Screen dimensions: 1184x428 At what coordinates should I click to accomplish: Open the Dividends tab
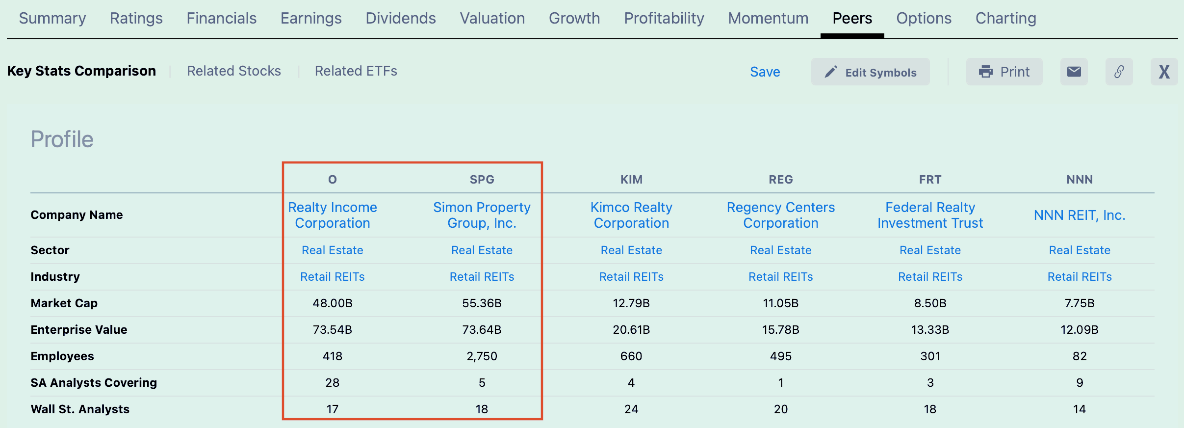tap(401, 18)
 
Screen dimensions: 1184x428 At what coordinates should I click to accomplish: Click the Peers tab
tap(852, 18)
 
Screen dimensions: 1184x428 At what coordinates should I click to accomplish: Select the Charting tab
tap(1006, 18)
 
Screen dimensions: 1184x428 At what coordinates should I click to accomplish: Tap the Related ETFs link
tap(356, 71)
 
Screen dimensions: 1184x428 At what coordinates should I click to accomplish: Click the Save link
tap(765, 72)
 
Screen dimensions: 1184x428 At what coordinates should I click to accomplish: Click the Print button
tap(1004, 72)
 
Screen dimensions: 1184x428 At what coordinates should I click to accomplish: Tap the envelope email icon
tap(1074, 72)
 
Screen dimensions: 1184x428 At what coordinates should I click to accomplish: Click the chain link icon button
tap(1119, 72)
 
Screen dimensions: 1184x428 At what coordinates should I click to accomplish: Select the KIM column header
tap(631, 180)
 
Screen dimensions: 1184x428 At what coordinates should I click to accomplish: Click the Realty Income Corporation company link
tap(333, 215)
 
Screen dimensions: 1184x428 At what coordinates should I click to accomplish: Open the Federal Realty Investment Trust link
tap(930, 215)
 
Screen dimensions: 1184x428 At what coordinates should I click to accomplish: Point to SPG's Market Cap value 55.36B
tap(482, 303)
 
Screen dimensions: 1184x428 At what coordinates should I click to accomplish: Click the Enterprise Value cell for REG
tap(781, 330)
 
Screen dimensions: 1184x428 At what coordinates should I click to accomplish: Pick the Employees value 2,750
tap(482, 356)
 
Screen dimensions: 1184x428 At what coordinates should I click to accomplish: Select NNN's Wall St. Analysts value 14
tap(1080, 409)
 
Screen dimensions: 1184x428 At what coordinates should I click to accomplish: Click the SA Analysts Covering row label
tap(94, 383)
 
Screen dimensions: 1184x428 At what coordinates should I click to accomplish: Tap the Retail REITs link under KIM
tap(631, 277)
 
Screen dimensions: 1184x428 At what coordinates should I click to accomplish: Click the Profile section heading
tap(62, 139)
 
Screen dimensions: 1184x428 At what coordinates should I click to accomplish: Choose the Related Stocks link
tap(234, 71)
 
